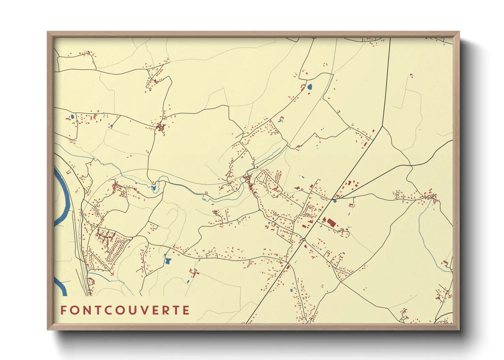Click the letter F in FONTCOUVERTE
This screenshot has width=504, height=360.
(63, 310)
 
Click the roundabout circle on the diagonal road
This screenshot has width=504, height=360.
(303, 240)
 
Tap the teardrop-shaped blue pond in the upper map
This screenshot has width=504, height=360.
(310, 87)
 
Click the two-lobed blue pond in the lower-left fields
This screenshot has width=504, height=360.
(168, 261)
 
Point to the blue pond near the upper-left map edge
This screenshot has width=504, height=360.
(72, 117)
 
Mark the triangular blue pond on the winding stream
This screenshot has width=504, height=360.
(154, 187)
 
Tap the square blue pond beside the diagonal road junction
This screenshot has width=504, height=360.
(335, 201)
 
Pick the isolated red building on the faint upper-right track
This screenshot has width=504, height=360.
(411, 75)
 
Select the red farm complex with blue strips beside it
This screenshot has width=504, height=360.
(194, 273)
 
